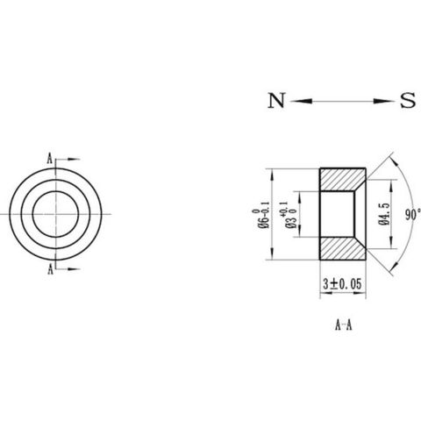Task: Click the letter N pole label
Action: [276, 100]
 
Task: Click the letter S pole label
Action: [408, 100]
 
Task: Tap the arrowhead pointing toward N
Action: [301, 101]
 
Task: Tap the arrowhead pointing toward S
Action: [384, 101]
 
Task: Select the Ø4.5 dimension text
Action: [385, 214]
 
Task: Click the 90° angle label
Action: [413, 215]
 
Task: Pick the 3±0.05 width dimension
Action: [342, 284]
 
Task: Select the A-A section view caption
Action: [343, 325]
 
